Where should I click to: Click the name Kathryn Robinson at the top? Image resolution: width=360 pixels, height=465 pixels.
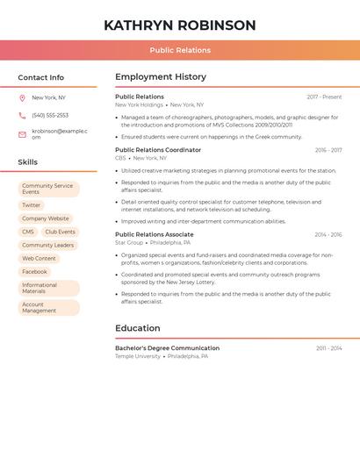(180, 25)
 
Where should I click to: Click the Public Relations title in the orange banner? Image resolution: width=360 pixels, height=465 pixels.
(180, 50)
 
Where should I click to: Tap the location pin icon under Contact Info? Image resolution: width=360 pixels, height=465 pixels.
(22, 97)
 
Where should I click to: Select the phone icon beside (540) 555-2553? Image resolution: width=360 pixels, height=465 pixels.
(22, 116)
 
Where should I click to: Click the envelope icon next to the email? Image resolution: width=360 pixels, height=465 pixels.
(22, 134)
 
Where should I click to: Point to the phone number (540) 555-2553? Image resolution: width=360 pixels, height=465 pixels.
(50, 116)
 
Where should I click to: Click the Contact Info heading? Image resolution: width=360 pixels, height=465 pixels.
(40, 78)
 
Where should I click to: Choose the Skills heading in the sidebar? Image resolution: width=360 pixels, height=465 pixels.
(28, 162)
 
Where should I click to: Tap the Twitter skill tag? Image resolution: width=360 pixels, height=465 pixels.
(32, 205)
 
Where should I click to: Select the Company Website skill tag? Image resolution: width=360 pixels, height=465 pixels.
(46, 218)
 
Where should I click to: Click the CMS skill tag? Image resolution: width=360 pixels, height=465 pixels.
(28, 232)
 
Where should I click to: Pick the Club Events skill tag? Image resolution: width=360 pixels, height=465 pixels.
(61, 232)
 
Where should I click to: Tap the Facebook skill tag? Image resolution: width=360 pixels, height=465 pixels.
(35, 272)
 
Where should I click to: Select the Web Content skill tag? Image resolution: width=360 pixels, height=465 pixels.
(39, 259)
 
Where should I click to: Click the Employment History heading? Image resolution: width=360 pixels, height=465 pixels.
(161, 77)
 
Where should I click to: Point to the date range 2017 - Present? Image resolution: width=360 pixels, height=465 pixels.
(324, 97)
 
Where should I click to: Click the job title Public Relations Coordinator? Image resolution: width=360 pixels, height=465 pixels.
(158, 150)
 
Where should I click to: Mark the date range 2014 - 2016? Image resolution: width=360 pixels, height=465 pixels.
(328, 235)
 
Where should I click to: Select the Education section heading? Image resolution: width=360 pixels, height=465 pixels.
(138, 328)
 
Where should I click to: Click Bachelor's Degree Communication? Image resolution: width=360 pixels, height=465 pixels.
(167, 348)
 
